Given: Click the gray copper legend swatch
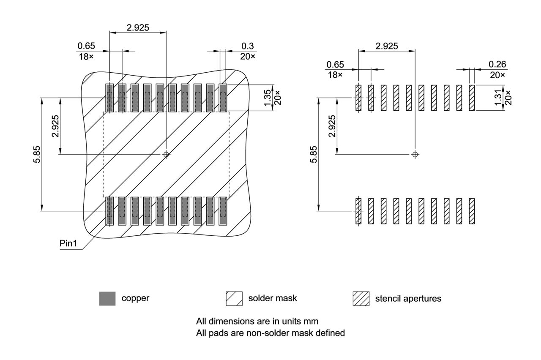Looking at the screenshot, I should (x=107, y=298).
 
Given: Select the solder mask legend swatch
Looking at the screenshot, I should (x=234, y=298).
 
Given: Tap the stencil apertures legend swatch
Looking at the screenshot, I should (x=361, y=298).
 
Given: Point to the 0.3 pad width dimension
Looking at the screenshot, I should (x=248, y=46).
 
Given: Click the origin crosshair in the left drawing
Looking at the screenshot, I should (x=166, y=154).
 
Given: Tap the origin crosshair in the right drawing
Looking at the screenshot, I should (x=415, y=154).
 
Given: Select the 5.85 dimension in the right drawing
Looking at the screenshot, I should (x=313, y=154).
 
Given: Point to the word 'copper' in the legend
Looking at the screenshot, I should (x=135, y=298).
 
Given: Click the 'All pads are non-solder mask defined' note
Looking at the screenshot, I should (x=270, y=333).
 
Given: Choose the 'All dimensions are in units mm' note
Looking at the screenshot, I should (x=257, y=321).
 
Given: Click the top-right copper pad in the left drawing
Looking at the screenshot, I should (x=223, y=98).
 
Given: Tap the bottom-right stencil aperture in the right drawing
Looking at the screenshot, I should (x=472, y=211).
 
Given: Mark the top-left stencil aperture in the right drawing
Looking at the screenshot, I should (x=358, y=98).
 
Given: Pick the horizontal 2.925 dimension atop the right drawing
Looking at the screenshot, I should (x=387, y=46).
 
